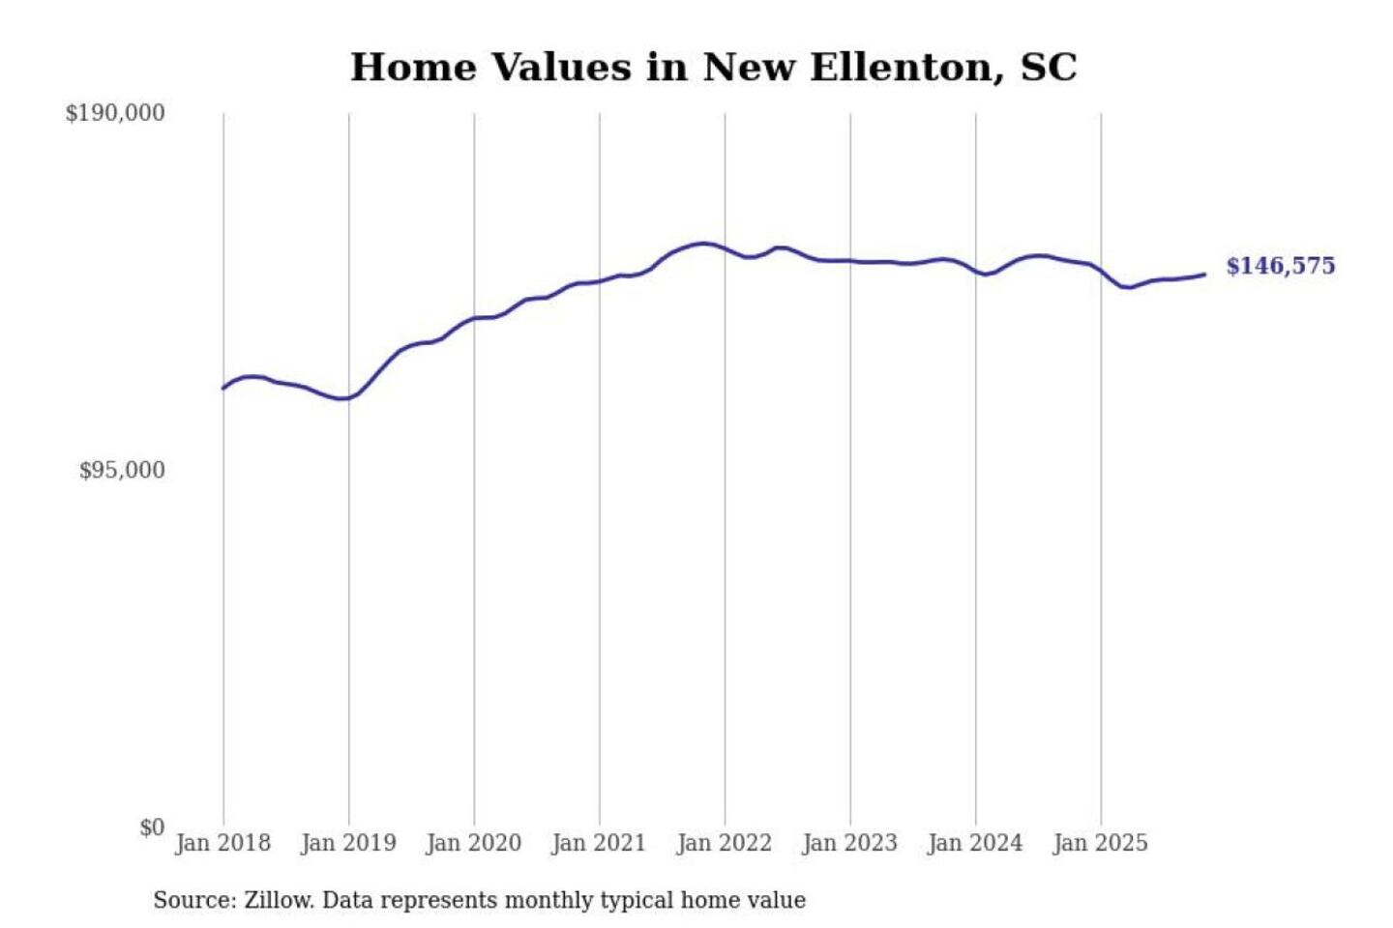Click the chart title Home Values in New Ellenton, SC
(x=713, y=68)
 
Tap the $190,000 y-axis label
(x=115, y=113)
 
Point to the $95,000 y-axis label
(x=122, y=471)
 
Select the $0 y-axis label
(x=152, y=827)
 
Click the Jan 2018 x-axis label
(x=222, y=843)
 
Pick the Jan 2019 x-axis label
(x=348, y=843)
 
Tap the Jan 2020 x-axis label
(x=473, y=843)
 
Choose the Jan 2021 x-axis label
(x=599, y=843)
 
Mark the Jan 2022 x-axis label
(x=725, y=843)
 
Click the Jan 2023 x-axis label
(x=849, y=843)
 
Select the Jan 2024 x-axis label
(x=975, y=843)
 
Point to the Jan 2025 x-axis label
(x=1100, y=843)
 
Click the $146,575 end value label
(x=1280, y=266)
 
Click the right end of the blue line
(x=1204, y=275)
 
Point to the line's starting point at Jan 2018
(x=224, y=388)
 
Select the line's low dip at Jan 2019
(x=341, y=398)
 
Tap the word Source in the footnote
(x=193, y=901)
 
